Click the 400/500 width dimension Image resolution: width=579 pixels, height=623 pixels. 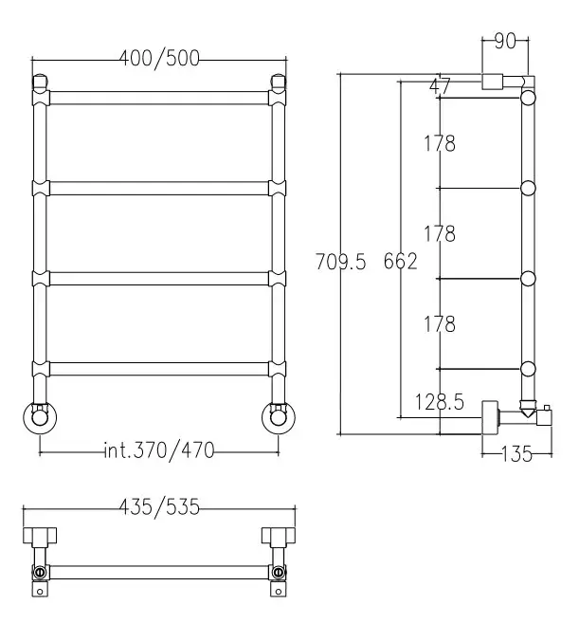[x=159, y=59]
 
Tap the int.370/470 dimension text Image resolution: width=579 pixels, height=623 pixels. [x=159, y=450]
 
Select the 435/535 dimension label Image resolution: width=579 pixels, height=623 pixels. [x=159, y=507]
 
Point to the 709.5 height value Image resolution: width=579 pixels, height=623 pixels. [x=341, y=262]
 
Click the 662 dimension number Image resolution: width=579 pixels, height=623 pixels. [x=400, y=262]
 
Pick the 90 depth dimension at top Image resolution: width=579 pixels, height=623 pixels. [x=505, y=41]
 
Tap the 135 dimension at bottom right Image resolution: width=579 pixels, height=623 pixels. [x=516, y=454]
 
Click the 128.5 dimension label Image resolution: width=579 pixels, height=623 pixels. [x=439, y=402]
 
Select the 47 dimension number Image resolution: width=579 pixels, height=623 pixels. [x=440, y=86]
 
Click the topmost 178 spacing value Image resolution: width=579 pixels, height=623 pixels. [x=440, y=143]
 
